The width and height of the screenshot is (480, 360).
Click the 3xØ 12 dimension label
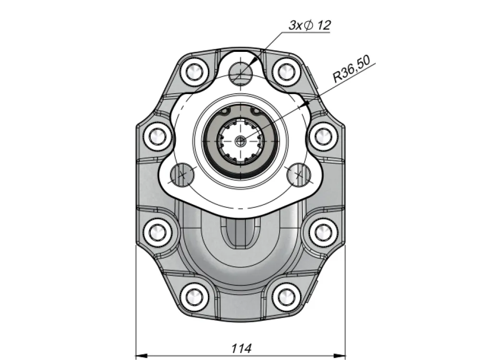(310, 25)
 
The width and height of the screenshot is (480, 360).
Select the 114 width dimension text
(241, 348)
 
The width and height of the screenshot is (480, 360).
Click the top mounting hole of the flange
(240, 73)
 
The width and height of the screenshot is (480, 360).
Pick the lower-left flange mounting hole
(182, 175)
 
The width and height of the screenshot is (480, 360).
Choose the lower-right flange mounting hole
(299, 175)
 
